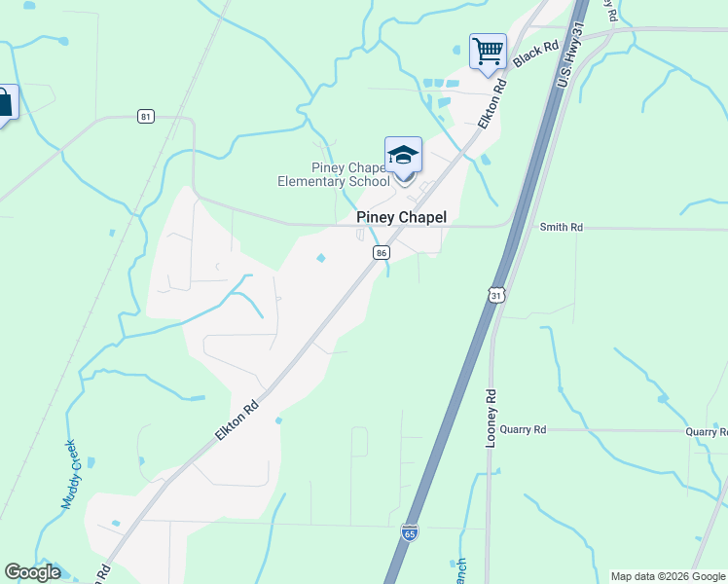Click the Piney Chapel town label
pos(401,218)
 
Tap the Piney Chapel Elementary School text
pos(334,175)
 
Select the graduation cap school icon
pos(404,156)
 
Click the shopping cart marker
pos(488,50)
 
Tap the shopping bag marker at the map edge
pos(6,103)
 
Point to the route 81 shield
pos(145,117)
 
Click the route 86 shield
pos(382,252)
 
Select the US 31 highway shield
pos(496,295)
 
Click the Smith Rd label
pos(562,227)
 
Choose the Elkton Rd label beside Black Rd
pos(494,102)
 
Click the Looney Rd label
pos(491,419)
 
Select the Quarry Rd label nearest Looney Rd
pos(526,429)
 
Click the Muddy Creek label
pos(75,474)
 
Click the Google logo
pos(32,572)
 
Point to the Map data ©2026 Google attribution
pos(668,576)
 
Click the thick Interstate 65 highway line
pos(457,389)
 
